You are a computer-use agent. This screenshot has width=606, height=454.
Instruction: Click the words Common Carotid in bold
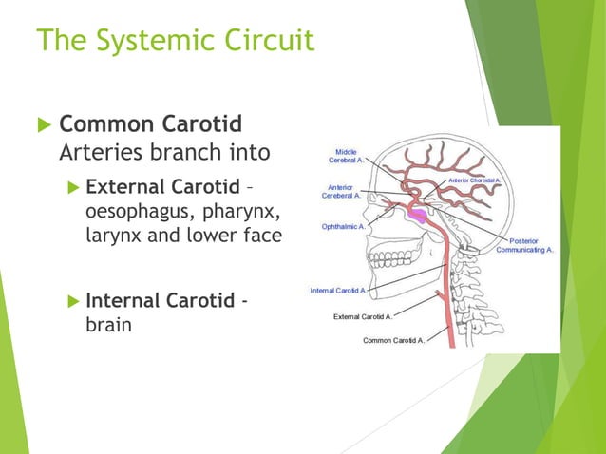tap(150, 124)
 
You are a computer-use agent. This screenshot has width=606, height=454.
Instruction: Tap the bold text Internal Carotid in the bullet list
tap(159, 301)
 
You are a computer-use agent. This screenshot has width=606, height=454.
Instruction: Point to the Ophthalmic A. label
tap(344, 226)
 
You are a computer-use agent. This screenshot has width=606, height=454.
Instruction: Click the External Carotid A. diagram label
tap(363, 315)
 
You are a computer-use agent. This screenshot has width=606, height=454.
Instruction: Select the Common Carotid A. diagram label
tap(394, 339)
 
